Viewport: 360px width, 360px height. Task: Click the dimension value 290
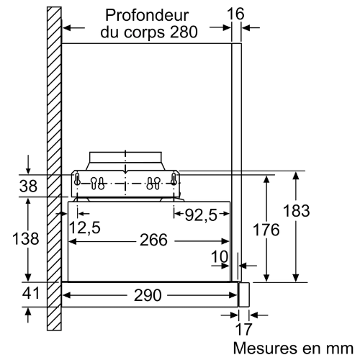point(148,295)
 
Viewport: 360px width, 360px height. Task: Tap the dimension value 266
point(153,240)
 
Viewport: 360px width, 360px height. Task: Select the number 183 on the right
point(297,211)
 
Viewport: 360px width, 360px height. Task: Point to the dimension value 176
point(266,230)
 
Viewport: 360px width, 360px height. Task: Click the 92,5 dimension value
point(201,215)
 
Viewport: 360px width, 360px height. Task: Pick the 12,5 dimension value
point(85,228)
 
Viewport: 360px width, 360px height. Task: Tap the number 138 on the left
point(25,239)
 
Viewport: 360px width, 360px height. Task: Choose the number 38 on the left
point(28,186)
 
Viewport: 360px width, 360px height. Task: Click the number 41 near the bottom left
point(30,293)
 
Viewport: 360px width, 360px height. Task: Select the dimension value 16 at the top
point(235,14)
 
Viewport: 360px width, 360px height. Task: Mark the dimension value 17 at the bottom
point(244,329)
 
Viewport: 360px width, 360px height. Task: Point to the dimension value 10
point(220,256)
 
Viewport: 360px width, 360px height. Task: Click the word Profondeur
point(147,15)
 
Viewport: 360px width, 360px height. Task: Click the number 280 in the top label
point(184,32)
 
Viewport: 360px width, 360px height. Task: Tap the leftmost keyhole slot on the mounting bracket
point(77,179)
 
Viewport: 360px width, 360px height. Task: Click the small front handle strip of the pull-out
point(244,294)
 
